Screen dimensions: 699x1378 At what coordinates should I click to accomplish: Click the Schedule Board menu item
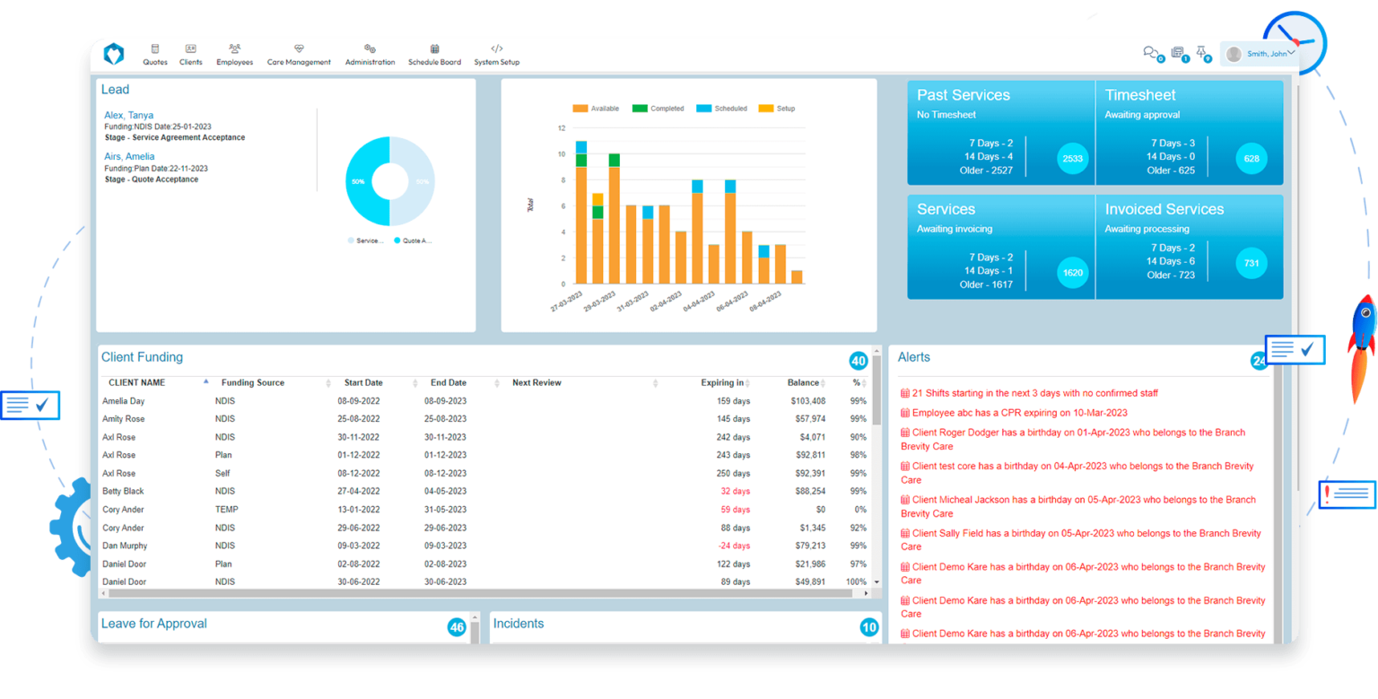click(434, 56)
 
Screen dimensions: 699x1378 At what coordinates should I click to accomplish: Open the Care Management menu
click(299, 56)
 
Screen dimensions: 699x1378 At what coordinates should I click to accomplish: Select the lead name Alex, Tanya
click(128, 116)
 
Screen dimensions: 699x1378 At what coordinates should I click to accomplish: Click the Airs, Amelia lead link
click(129, 157)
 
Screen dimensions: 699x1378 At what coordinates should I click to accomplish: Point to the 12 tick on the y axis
click(562, 128)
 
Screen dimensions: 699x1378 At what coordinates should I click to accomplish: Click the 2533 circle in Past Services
click(1072, 159)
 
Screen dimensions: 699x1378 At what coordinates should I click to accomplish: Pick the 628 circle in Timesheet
click(1252, 159)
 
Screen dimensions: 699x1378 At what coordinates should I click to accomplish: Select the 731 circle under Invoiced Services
click(1252, 264)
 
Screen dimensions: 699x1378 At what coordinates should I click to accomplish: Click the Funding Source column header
click(253, 383)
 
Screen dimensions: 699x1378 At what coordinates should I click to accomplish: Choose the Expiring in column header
click(722, 383)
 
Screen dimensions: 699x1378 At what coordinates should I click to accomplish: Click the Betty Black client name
click(123, 492)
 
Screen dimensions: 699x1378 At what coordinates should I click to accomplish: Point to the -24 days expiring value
click(735, 546)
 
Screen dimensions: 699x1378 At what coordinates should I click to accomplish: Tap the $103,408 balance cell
click(807, 401)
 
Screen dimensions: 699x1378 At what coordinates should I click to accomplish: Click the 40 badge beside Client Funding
click(859, 362)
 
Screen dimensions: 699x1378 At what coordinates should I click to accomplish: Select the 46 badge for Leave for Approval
click(457, 627)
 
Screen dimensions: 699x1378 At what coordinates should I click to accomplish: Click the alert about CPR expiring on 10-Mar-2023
click(1019, 414)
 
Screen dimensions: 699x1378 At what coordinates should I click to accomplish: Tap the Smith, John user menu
click(1260, 54)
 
